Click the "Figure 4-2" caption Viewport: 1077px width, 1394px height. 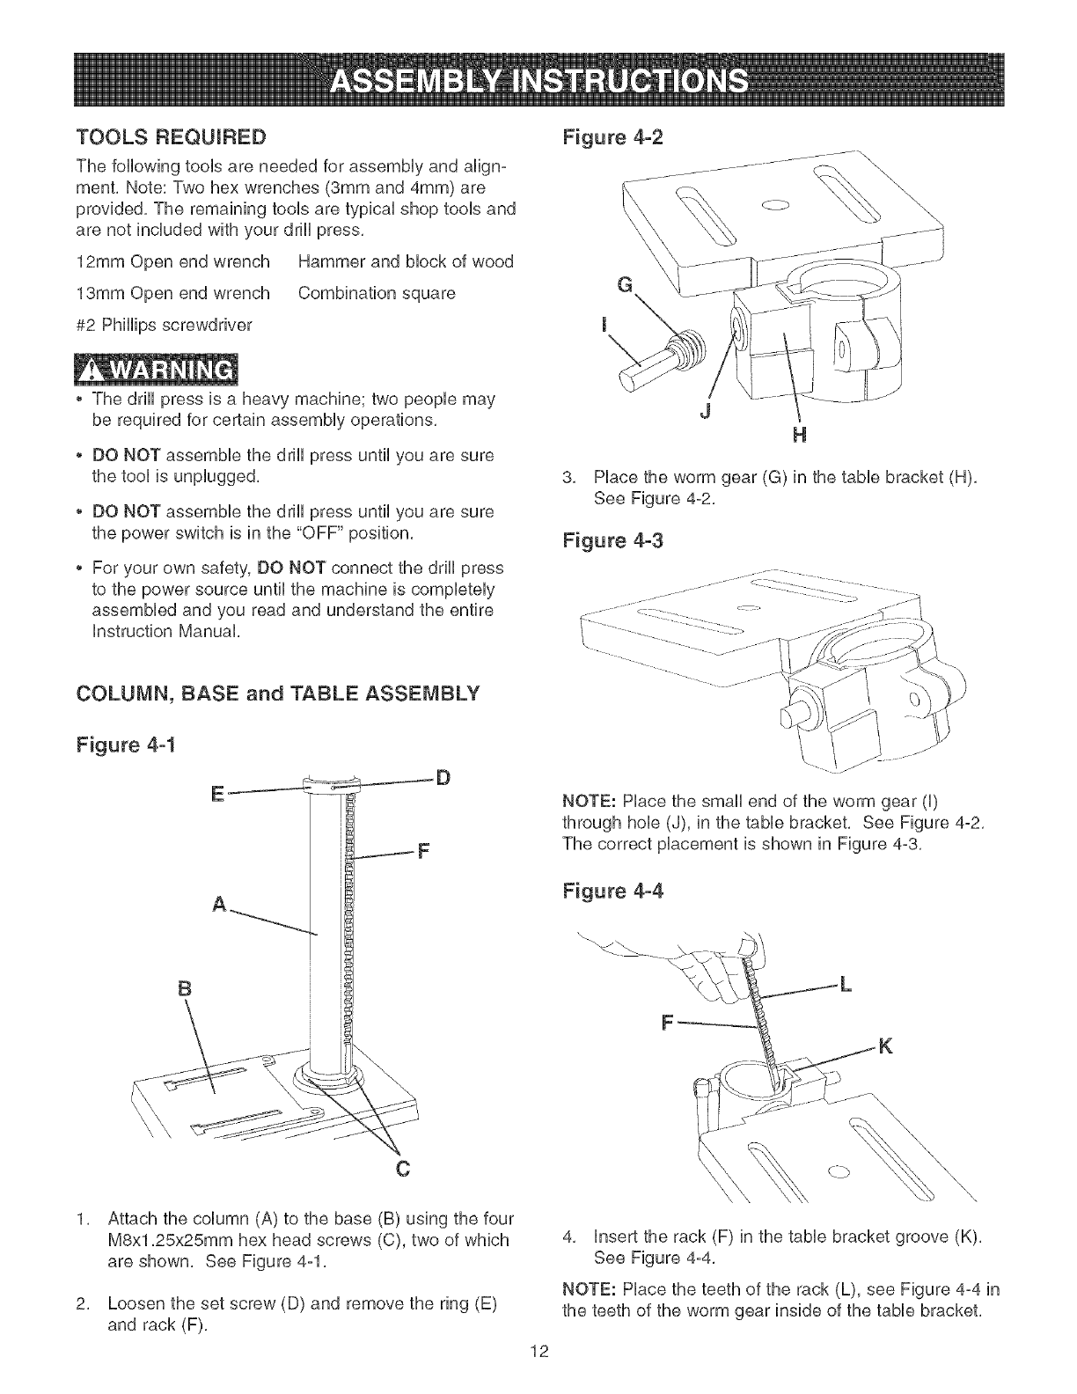612,137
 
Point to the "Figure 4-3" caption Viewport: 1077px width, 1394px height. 612,540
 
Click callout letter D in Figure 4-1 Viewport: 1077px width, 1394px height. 444,777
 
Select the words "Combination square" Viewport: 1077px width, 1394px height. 377,293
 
